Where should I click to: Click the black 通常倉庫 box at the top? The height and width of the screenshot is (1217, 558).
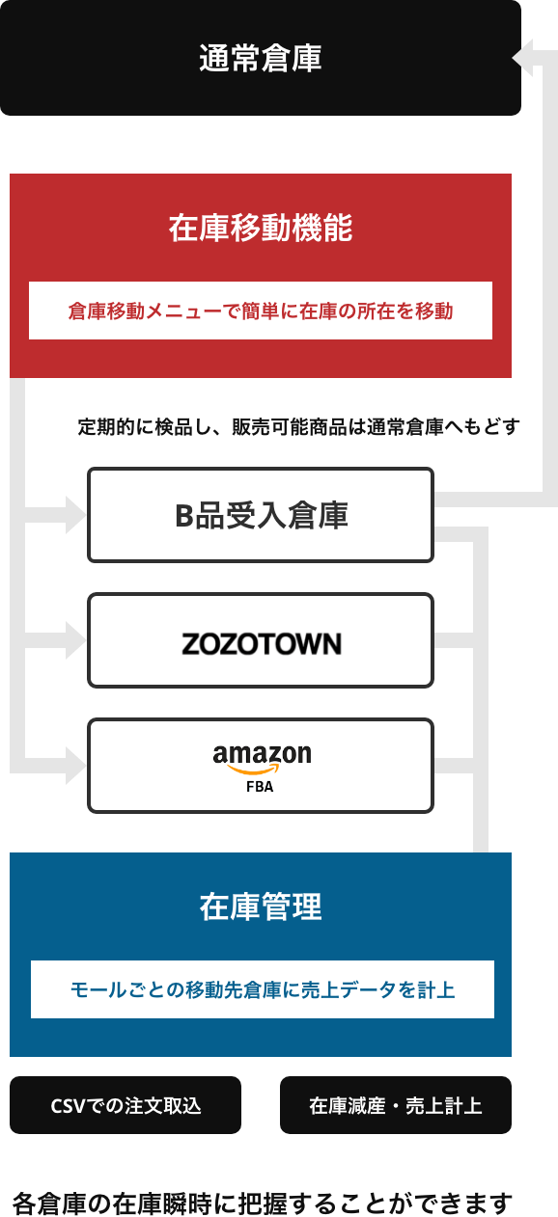(x=261, y=58)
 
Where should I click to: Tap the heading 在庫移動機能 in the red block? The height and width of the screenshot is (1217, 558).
(x=261, y=228)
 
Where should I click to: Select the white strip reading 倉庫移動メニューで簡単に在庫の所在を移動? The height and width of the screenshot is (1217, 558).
(x=261, y=311)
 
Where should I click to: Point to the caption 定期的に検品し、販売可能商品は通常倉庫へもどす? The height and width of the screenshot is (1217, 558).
(x=298, y=427)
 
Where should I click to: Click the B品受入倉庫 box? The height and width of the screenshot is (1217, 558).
(x=261, y=515)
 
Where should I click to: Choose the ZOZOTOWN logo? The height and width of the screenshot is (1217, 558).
(x=261, y=644)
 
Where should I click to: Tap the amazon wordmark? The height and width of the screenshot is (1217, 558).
(x=262, y=754)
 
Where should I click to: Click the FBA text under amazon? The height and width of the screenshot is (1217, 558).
(x=260, y=787)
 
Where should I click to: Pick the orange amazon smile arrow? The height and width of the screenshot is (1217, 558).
(x=254, y=769)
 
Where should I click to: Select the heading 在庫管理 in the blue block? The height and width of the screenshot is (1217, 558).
(x=261, y=906)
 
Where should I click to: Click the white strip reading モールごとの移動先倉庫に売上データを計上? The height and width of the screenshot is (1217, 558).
(x=263, y=989)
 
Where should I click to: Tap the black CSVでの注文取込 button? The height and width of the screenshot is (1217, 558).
(x=126, y=1105)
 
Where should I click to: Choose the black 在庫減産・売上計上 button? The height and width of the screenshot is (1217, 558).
(x=396, y=1105)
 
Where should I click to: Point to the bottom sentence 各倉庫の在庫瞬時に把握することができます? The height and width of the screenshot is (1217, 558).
(x=263, y=1203)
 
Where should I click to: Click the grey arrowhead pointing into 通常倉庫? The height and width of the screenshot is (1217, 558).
(x=522, y=58)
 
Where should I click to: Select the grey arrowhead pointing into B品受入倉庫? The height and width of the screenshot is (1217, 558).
(x=75, y=515)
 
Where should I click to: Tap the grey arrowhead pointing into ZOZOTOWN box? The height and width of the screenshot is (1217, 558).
(x=75, y=640)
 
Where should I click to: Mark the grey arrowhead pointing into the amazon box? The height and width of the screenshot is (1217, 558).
(x=75, y=766)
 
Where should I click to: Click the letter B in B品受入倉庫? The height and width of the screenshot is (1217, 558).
(x=183, y=516)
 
